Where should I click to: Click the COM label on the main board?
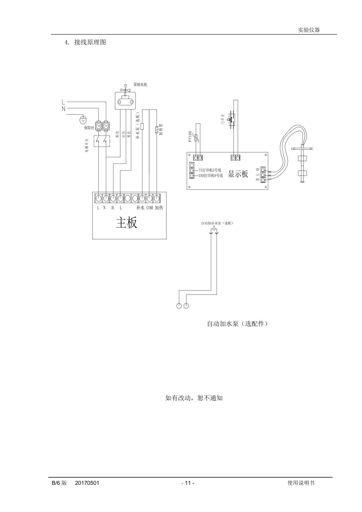(x=150, y=208)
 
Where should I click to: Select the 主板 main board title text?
(x=127, y=223)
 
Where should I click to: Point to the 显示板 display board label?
(x=238, y=174)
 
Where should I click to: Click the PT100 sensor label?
(x=190, y=136)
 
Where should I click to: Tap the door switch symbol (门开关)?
(x=232, y=120)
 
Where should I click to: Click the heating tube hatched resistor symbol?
(x=157, y=130)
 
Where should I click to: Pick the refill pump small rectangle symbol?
(x=142, y=126)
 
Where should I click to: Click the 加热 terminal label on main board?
(x=159, y=208)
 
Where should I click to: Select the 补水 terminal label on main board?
(x=140, y=208)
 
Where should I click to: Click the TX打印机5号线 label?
(x=210, y=170)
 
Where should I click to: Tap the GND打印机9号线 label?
(x=211, y=176)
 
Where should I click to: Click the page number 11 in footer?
(x=188, y=483)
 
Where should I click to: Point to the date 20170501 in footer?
(x=87, y=483)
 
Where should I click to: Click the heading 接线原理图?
(x=90, y=42)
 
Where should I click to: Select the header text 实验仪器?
(x=309, y=30)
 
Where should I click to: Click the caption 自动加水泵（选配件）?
(x=237, y=324)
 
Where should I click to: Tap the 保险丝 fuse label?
(x=89, y=128)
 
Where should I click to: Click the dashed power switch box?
(x=102, y=141)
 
